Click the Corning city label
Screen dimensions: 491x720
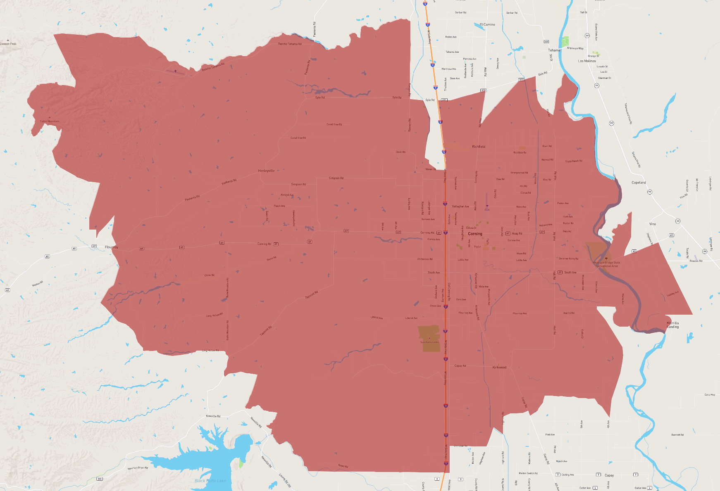pyautogui.click(x=475, y=234)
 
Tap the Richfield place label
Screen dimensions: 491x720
pyautogui.click(x=479, y=147)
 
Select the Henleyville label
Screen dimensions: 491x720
pyautogui.click(x=266, y=171)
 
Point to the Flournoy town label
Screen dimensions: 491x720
pyautogui.click(x=111, y=247)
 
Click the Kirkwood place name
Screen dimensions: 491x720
pyautogui.click(x=499, y=367)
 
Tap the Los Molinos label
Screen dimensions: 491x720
pyautogui.click(x=586, y=61)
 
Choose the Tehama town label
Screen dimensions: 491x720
pyautogui.click(x=554, y=50)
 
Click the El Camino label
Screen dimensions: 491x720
pyautogui.click(x=487, y=24)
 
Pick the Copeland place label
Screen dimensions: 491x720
pyautogui.click(x=639, y=183)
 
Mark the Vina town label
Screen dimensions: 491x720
pyautogui.click(x=652, y=224)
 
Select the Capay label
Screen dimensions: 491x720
pyautogui.click(x=609, y=475)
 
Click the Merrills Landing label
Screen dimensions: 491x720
pyautogui.click(x=672, y=325)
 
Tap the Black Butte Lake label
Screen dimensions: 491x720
pyautogui.click(x=210, y=481)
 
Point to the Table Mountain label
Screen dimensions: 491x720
pyautogui.click(x=50, y=121)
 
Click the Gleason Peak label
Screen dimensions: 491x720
pyautogui.click(x=8, y=44)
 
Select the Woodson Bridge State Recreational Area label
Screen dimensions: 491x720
pyautogui.click(x=606, y=264)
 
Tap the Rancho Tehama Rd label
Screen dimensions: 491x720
pyautogui.click(x=289, y=44)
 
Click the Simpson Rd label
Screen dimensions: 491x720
pyautogui.click(x=336, y=178)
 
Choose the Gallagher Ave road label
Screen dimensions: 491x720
pyautogui.click(x=460, y=206)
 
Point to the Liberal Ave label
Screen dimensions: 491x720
pyautogui.click(x=377, y=318)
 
